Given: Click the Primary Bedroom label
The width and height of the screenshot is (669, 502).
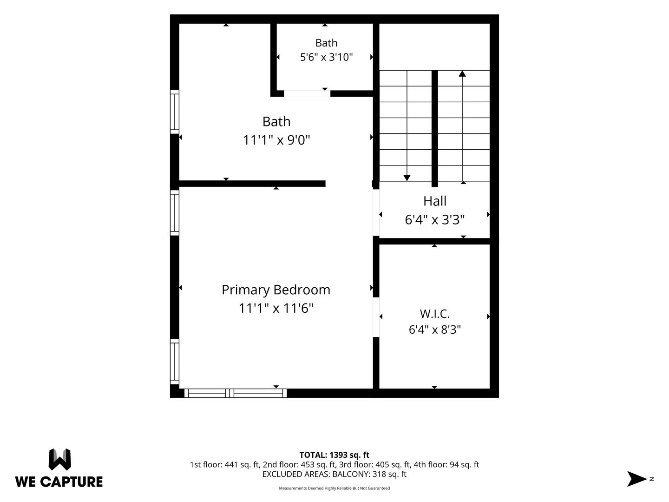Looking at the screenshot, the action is pos(276,290).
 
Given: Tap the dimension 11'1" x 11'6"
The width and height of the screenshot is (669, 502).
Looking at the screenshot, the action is pos(276,308).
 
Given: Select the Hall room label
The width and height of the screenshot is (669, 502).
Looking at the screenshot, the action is pos(435,201).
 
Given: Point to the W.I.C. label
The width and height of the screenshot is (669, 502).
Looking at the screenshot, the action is pos(435,314).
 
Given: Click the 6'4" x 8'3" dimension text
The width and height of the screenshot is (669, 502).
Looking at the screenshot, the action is pos(435,330).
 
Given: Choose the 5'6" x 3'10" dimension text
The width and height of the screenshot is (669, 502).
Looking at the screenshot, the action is pos(326,57).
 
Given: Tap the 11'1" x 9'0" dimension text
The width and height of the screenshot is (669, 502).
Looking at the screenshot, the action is pos(276,140).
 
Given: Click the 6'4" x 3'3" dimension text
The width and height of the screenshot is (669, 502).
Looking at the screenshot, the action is pos(435,219).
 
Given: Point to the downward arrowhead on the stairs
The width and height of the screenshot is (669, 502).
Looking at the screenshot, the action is pos(407,178).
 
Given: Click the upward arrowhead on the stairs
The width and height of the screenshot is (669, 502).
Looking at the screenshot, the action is pos(462,74).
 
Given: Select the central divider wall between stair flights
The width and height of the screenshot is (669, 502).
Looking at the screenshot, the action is pos(435,129).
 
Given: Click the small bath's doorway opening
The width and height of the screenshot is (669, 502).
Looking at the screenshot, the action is pos(307,93).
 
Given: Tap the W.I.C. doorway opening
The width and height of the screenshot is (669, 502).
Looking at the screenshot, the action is pos(376,317).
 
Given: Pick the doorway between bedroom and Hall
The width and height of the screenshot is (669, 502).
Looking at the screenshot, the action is pos(376,212).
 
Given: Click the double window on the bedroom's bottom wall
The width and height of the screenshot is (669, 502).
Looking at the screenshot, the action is pos(235,393).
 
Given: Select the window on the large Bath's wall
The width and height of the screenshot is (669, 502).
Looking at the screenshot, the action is pos(174,112).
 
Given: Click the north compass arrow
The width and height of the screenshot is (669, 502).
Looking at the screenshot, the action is pos(636,479).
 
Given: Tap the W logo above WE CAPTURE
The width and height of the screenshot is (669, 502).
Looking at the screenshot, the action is pos(60,459).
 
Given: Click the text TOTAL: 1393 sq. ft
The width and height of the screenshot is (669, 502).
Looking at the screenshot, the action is pos(334,455).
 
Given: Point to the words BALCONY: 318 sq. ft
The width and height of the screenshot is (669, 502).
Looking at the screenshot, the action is pos(369,474).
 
